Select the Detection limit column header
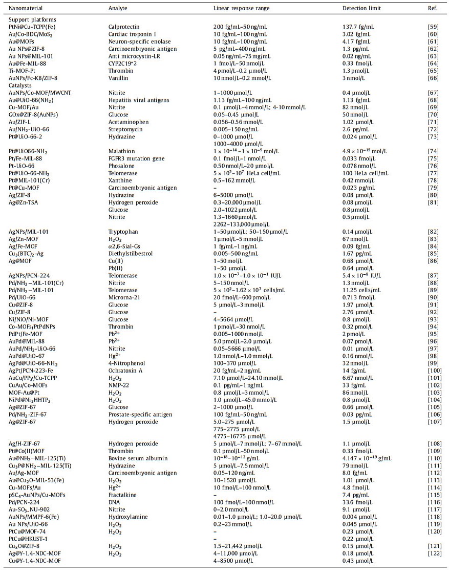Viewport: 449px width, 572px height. tap(359, 9)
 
